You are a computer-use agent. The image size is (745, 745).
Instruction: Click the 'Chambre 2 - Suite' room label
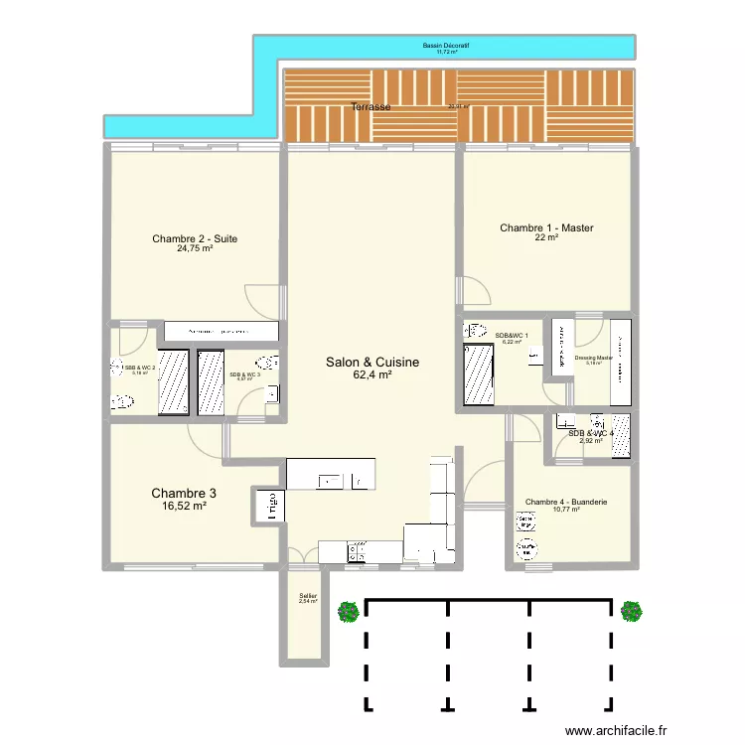[195, 238]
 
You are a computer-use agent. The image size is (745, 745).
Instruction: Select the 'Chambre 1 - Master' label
[546, 228]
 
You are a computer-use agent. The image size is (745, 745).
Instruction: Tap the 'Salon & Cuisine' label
[372, 364]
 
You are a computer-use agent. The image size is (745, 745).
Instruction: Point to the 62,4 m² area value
[372, 375]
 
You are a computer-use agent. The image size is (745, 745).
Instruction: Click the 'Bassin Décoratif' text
[445, 46]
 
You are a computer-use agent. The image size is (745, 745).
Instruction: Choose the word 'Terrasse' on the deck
[370, 106]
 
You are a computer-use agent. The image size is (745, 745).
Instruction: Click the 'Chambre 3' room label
[184, 493]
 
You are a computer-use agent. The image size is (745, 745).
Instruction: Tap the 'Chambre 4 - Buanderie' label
[566, 502]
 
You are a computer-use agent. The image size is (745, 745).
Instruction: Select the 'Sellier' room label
[308, 596]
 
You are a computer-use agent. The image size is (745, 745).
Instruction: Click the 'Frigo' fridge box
[268, 505]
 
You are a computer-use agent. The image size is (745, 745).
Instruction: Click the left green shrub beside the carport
[348, 612]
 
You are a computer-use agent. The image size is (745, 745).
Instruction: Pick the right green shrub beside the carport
[630, 612]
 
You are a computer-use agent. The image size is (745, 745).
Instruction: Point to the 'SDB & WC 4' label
[591, 433]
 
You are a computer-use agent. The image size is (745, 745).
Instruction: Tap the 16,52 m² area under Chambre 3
[184, 506]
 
